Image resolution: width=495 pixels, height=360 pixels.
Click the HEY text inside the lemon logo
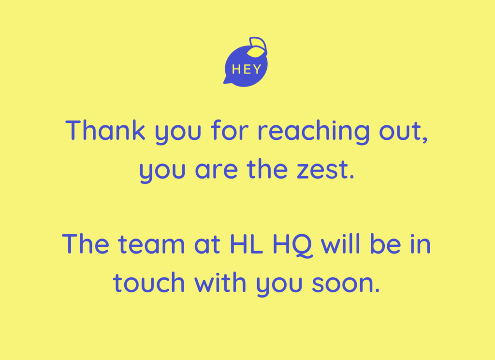[247, 69]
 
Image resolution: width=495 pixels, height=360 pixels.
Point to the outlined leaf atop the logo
[258, 44]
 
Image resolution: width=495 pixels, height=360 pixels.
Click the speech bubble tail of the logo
[227, 80]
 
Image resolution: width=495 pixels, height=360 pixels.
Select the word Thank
[105, 130]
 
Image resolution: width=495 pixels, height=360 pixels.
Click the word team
[151, 244]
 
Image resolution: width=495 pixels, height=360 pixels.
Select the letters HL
[246, 244]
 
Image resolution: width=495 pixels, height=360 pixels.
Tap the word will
[340, 243]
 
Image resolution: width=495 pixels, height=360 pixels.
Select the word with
[220, 282]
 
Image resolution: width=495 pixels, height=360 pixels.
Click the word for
[230, 130]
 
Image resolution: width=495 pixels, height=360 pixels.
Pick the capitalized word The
[86, 244]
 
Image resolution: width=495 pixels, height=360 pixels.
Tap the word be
[385, 244]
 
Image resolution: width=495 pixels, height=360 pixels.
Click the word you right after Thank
[178, 133]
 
